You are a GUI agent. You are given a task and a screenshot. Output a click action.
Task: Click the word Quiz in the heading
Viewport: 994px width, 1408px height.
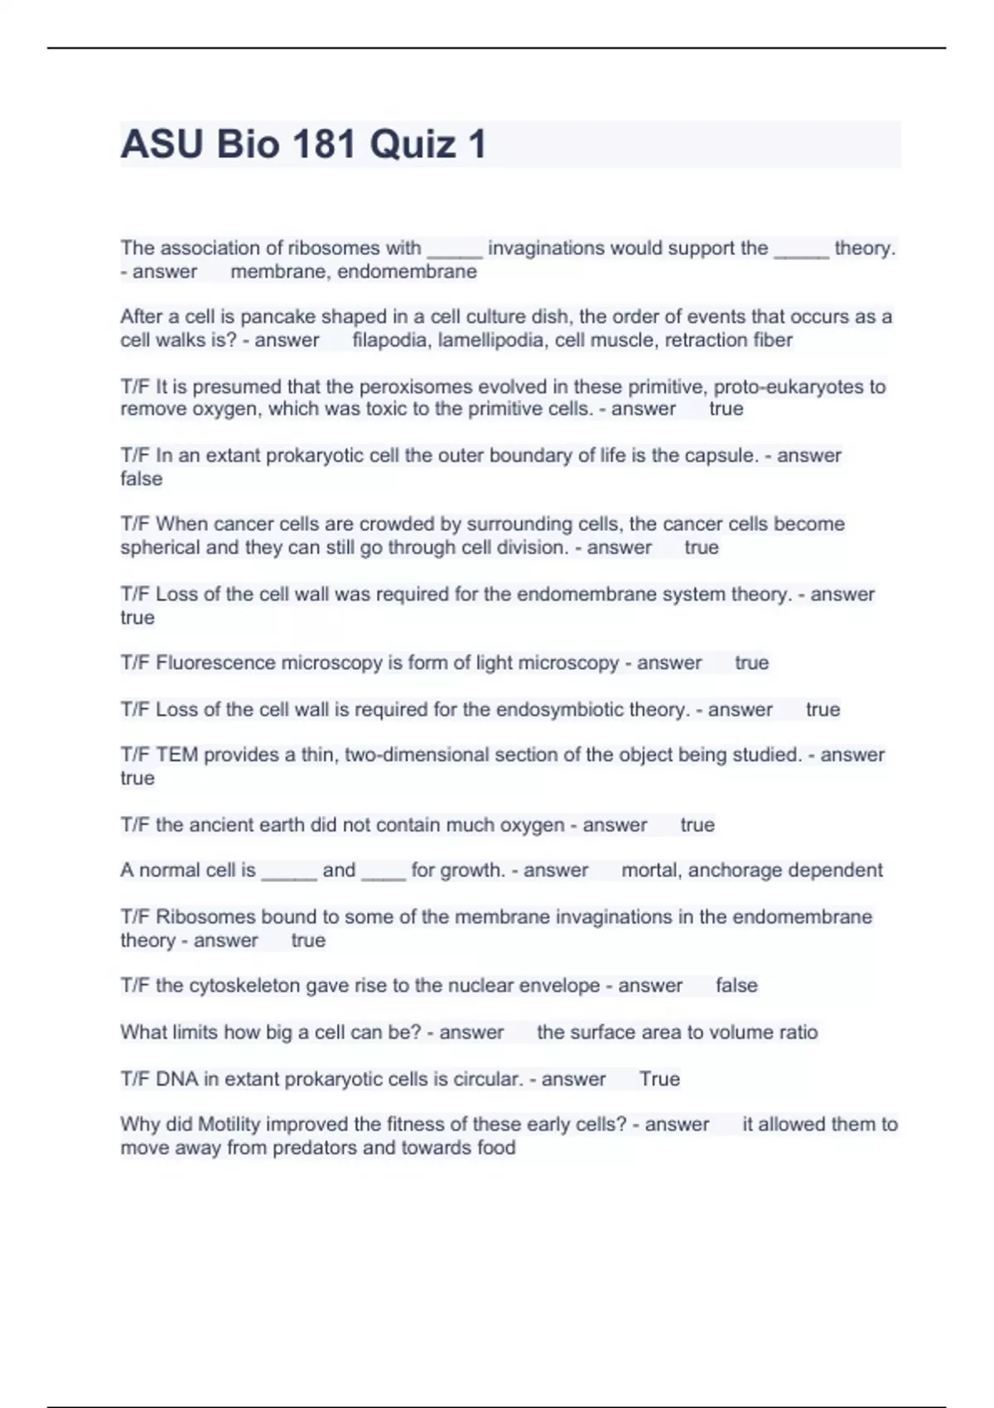pyautogui.click(x=413, y=144)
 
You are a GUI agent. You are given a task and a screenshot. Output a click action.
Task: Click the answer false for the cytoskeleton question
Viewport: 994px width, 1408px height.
pyautogui.click(x=736, y=986)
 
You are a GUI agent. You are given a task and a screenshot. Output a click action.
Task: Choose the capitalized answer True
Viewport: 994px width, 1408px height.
pyautogui.click(x=659, y=1079)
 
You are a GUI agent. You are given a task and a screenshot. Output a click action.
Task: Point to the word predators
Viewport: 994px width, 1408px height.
pyautogui.click(x=315, y=1148)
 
